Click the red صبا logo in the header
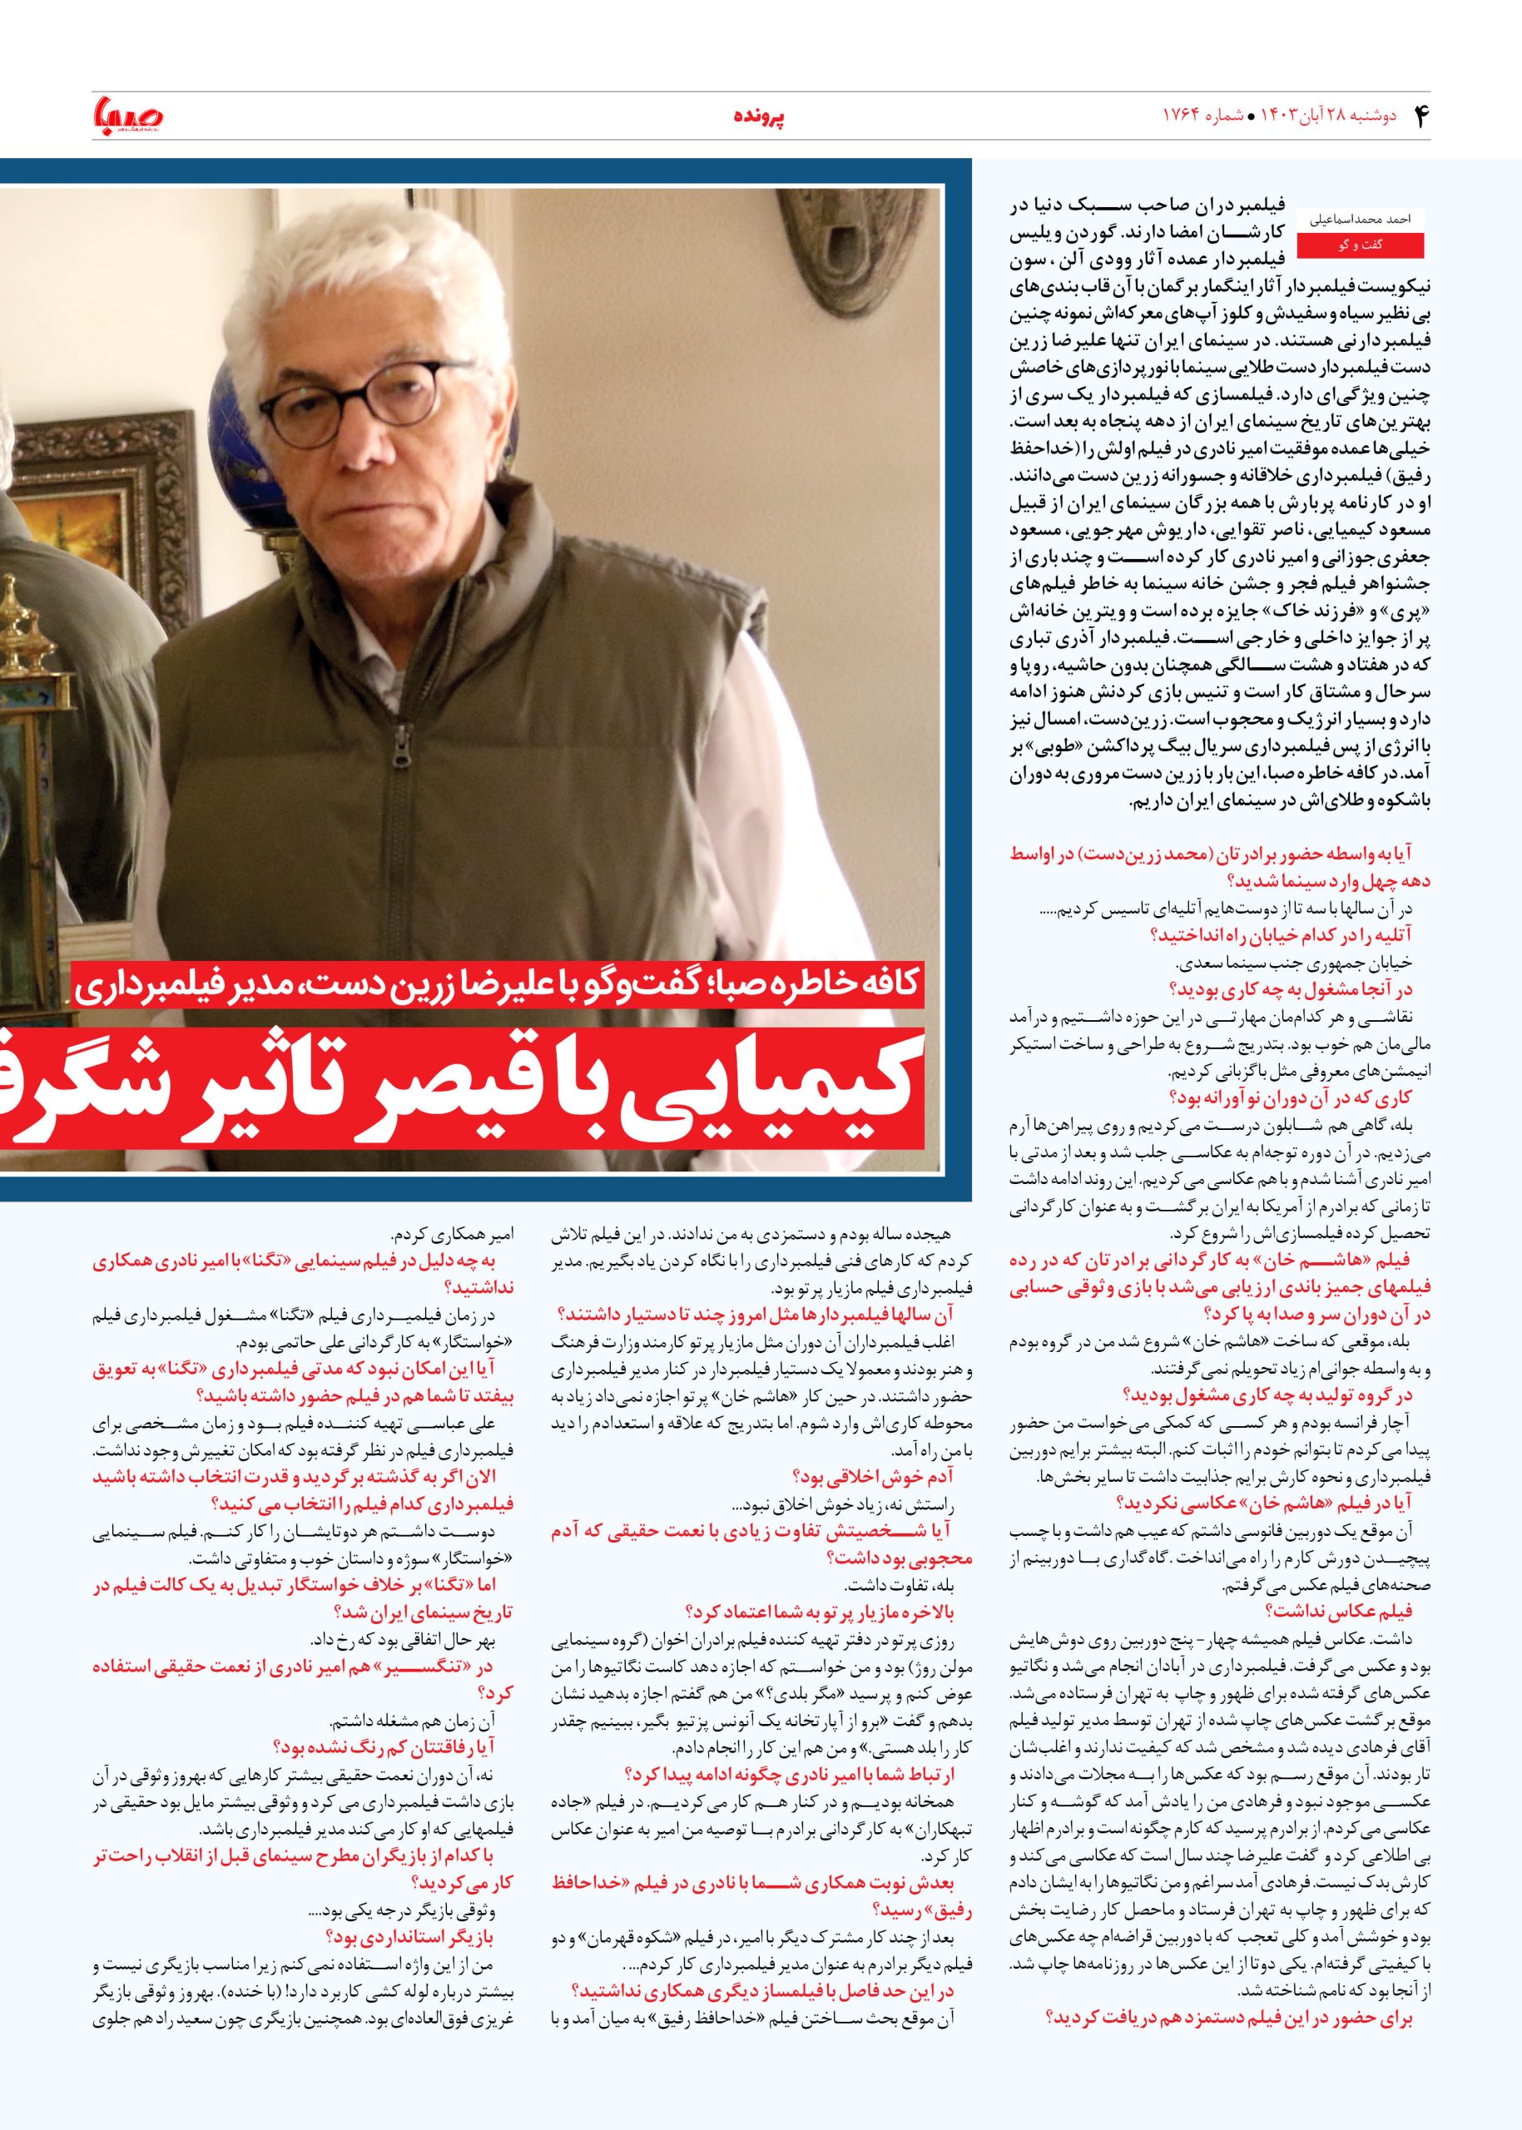point(128,116)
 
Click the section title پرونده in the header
point(757,117)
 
